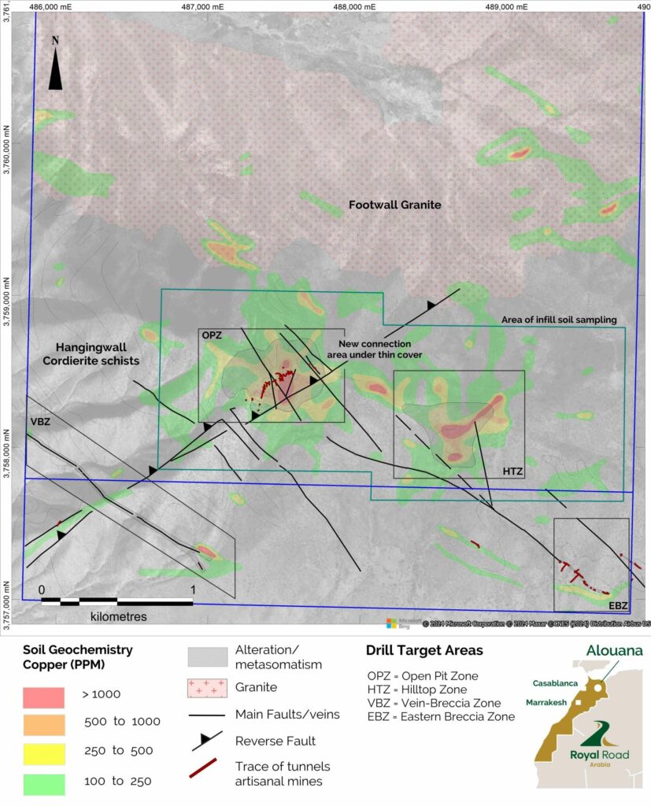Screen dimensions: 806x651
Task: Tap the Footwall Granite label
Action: (x=394, y=205)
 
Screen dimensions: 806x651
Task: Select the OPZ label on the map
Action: (x=210, y=335)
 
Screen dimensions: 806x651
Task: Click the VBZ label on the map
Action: (x=40, y=421)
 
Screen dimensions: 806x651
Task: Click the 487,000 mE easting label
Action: (x=201, y=6)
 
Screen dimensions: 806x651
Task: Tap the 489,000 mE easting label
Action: (x=505, y=6)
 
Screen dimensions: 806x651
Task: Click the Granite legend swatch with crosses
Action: (x=206, y=688)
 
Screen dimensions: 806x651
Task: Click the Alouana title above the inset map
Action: (x=612, y=651)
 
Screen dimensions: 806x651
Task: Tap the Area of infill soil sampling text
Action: (x=559, y=320)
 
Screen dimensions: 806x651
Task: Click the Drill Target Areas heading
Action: (x=424, y=652)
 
